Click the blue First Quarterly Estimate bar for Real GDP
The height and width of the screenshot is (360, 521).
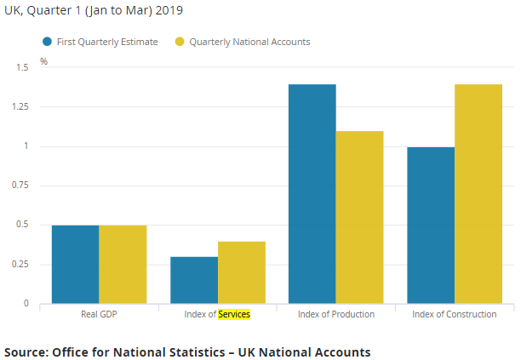click(75, 264)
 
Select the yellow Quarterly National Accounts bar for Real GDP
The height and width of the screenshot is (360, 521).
click(123, 264)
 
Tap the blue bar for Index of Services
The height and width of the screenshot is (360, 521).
click(194, 280)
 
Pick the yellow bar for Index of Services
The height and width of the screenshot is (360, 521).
click(242, 272)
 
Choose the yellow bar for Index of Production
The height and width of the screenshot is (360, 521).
click(360, 217)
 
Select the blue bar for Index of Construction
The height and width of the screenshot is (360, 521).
click(431, 225)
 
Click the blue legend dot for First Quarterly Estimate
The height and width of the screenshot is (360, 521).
click(48, 42)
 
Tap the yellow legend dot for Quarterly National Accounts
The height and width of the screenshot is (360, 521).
click(180, 42)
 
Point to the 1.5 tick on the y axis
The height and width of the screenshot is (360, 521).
click(22, 67)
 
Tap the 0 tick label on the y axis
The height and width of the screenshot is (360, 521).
click(26, 303)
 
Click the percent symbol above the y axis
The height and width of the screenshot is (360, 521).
click(44, 61)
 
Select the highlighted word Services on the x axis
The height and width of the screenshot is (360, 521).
click(234, 314)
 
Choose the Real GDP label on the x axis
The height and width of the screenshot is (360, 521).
click(99, 314)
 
